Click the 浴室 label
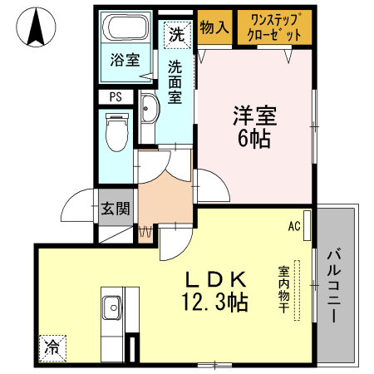(x=125, y=60)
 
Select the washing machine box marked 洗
(x=177, y=34)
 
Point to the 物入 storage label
(x=214, y=27)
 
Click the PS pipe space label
(x=116, y=96)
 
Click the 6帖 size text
(x=253, y=139)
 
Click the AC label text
(x=293, y=225)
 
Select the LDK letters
(x=213, y=279)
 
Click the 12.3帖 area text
(x=213, y=303)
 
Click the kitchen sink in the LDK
(x=111, y=310)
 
